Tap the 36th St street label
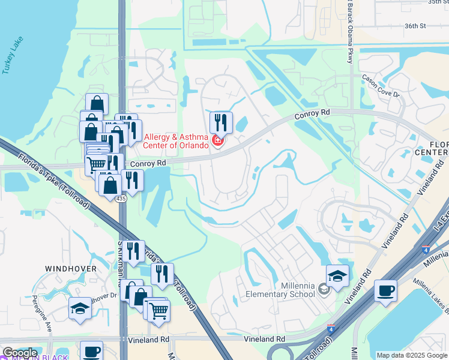(415, 26)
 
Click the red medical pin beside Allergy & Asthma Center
(217, 142)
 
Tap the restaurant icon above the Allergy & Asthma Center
(221, 122)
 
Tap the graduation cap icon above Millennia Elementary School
(337, 275)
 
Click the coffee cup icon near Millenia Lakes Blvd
(385, 290)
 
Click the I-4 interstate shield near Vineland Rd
(331, 328)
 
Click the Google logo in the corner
(20, 353)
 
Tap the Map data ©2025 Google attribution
(412, 355)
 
